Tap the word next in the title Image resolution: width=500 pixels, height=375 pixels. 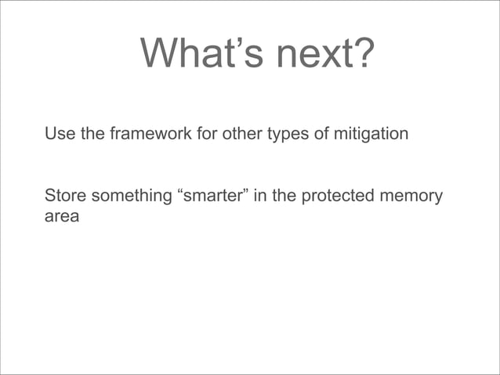[307, 55]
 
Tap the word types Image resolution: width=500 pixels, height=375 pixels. [288, 135]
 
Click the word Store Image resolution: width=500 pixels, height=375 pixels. [66, 196]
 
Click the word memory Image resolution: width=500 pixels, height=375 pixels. [413, 197]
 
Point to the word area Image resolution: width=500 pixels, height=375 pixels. [62, 217]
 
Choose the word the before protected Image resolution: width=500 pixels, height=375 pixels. [284, 196]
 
